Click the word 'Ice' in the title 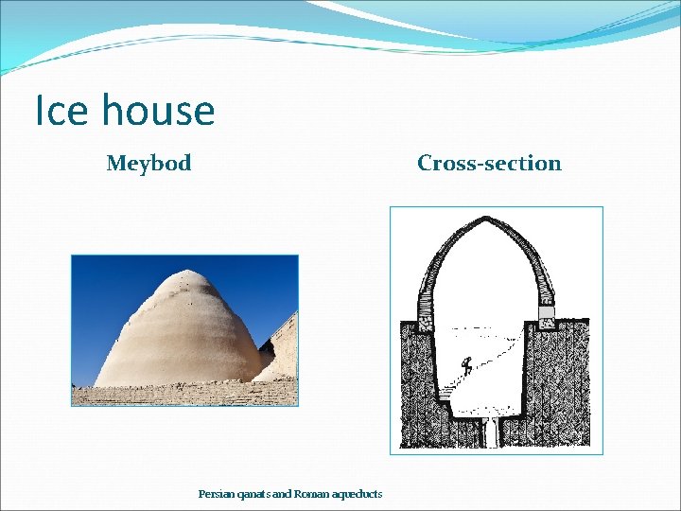(61, 111)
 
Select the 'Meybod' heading (148, 164)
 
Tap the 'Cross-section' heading (489, 164)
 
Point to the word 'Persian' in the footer (215, 494)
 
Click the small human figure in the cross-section (465, 363)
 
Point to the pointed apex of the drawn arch (484, 220)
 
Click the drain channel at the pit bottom (490, 432)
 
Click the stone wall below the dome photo (184, 395)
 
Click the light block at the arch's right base (547, 311)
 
